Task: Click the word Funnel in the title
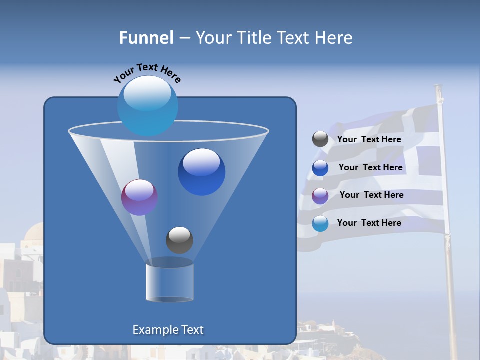click(x=146, y=38)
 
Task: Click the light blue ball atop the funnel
click(x=147, y=105)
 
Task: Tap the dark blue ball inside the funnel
click(x=201, y=172)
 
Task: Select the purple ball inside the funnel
click(x=139, y=197)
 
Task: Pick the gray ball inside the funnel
click(x=179, y=240)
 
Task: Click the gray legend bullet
click(x=320, y=139)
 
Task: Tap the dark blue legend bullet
click(x=320, y=168)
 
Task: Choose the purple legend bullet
click(x=320, y=196)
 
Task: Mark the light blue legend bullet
click(x=320, y=223)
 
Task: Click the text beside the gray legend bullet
click(x=369, y=139)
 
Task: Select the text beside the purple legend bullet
click(x=371, y=195)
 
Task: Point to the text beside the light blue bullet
click(x=369, y=223)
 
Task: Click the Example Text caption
click(x=168, y=330)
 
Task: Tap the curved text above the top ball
click(x=147, y=73)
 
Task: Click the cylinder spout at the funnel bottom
click(x=169, y=282)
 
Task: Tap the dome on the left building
click(x=35, y=233)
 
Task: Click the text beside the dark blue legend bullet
click(x=370, y=167)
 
